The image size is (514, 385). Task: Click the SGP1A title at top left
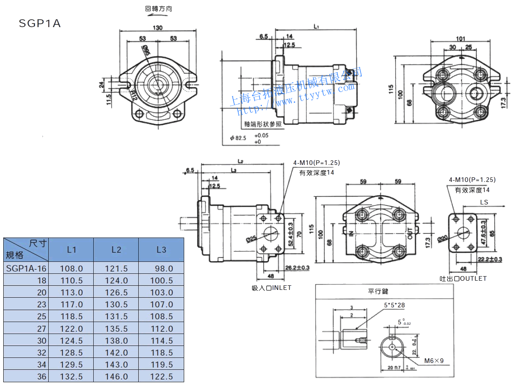point(40,23)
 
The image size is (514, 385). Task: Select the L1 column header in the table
point(71,250)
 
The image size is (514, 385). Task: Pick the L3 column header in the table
point(161,250)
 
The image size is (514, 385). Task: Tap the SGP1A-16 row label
point(27,268)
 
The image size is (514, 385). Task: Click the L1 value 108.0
point(72,268)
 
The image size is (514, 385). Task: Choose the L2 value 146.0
point(116,377)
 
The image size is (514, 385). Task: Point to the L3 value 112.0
point(162,328)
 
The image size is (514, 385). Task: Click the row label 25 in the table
point(42,317)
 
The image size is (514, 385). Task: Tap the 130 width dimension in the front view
point(158,28)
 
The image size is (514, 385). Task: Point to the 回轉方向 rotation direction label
point(159,8)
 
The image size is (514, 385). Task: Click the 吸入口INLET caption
point(271,288)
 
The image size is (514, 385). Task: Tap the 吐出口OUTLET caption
point(463,278)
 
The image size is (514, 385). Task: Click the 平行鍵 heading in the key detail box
point(378,291)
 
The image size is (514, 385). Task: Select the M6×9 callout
point(434,361)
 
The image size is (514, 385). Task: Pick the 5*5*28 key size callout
point(395,305)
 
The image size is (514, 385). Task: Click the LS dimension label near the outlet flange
point(484,202)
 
